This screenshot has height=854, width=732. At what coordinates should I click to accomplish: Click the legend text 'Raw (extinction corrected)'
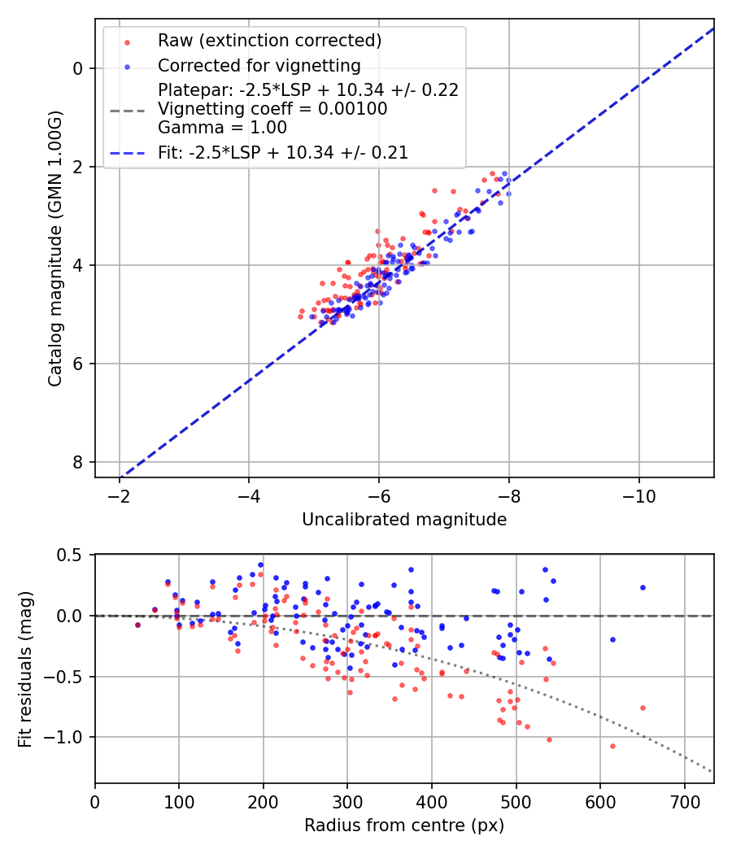(x=269, y=41)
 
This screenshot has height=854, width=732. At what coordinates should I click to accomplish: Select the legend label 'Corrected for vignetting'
(x=259, y=65)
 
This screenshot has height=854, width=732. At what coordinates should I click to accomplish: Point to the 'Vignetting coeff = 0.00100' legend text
(x=272, y=109)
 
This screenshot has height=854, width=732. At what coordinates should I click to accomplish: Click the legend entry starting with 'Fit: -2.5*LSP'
(x=283, y=152)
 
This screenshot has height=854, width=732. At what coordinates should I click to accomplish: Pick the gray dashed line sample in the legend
(x=127, y=109)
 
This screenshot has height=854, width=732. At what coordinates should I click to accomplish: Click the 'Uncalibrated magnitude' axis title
(x=404, y=519)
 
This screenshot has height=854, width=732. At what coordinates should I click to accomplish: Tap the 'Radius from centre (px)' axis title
(x=404, y=826)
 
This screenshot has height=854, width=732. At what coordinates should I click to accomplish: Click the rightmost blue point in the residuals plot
(x=643, y=587)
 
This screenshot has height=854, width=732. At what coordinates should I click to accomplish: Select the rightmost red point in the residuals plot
(x=643, y=708)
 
